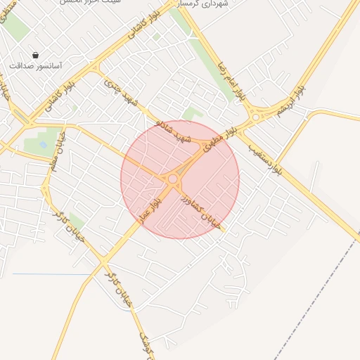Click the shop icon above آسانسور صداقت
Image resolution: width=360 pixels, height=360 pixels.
click(x=35, y=55)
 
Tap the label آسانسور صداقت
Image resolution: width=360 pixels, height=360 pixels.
click(x=36, y=66)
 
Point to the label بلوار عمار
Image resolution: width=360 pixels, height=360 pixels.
click(x=149, y=210)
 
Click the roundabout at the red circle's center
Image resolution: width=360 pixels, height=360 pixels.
click(x=172, y=179)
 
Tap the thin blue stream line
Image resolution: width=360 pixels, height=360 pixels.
click(x=49, y=274)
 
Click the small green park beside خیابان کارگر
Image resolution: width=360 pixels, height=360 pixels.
click(x=76, y=224)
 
